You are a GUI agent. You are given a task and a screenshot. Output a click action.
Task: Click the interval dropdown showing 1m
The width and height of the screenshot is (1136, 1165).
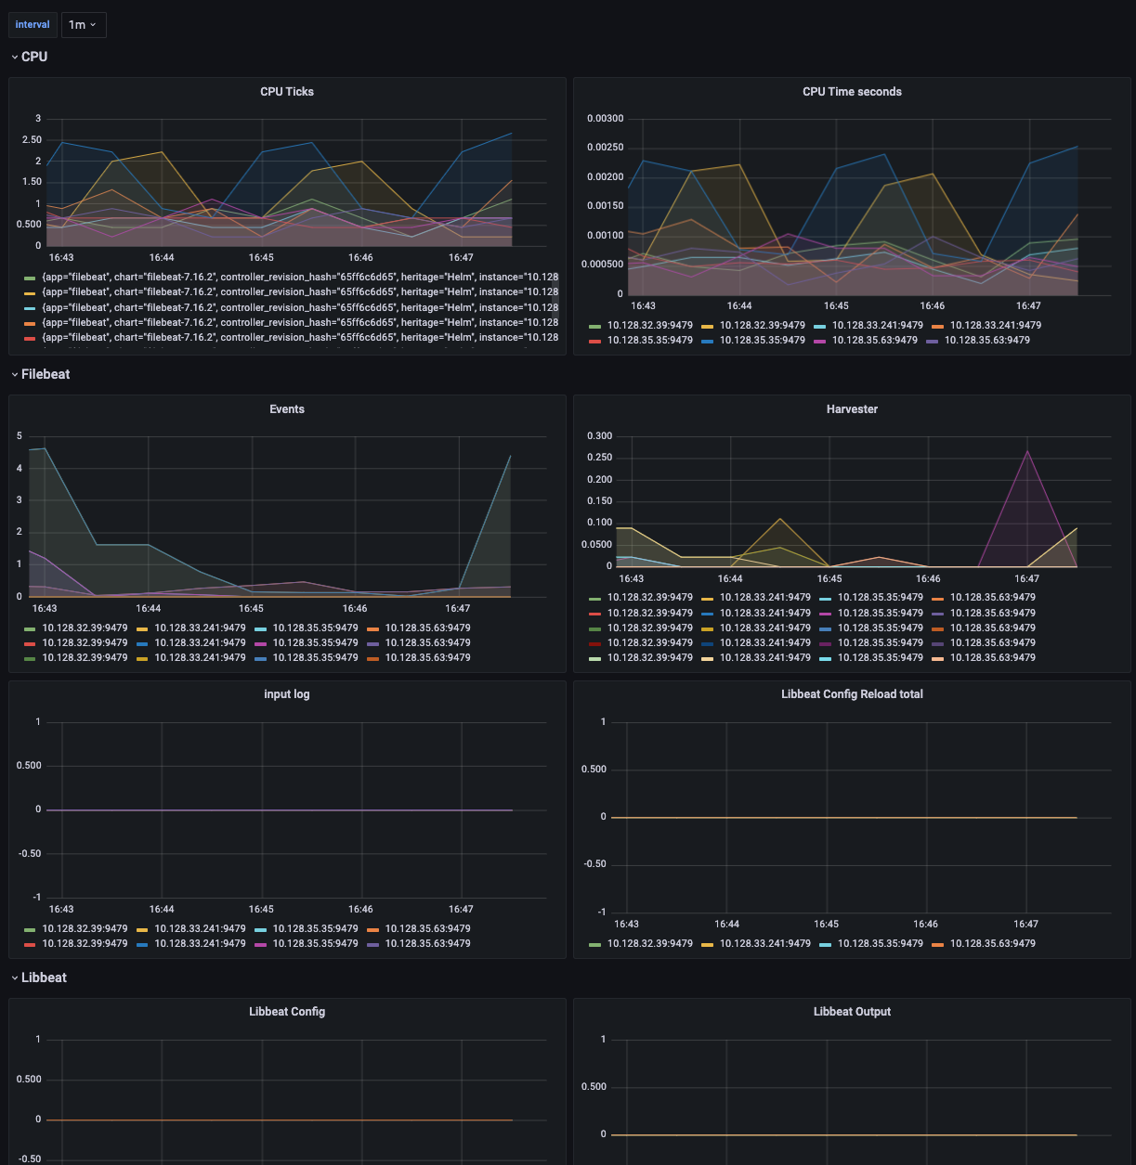[x=84, y=25]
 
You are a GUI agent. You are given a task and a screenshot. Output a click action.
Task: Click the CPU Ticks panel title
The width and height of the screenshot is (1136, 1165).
[x=287, y=92]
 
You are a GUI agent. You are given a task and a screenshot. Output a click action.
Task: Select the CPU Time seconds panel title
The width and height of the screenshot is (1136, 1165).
[x=852, y=92]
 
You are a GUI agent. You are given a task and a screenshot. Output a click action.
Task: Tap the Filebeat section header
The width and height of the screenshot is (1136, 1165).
[x=46, y=374]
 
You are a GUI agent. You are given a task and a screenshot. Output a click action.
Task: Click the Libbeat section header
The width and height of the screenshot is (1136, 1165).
[x=44, y=977]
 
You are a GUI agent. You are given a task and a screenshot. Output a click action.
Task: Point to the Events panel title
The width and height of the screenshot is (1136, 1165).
[x=287, y=409]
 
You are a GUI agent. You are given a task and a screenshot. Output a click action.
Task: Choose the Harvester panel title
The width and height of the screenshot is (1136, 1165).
[x=852, y=409]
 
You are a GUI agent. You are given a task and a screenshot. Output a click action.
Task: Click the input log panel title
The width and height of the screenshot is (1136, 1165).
[x=287, y=694]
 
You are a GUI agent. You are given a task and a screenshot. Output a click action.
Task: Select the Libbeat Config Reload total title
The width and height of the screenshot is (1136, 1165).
[x=852, y=694]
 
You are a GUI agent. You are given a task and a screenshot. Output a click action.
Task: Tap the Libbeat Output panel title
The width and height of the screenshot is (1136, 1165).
[x=852, y=1012]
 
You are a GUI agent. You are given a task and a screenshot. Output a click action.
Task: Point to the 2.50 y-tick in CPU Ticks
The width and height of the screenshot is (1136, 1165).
[x=32, y=140]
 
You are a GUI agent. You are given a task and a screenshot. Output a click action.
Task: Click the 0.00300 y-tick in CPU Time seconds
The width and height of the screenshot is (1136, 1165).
[x=605, y=119]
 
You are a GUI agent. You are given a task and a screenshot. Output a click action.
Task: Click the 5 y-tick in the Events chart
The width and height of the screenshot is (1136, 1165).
[x=20, y=436]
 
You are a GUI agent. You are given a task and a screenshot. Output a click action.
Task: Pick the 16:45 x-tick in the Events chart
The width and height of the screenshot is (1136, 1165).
[x=251, y=609]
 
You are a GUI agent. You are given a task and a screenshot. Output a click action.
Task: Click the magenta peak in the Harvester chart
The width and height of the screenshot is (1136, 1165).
[x=1026, y=451]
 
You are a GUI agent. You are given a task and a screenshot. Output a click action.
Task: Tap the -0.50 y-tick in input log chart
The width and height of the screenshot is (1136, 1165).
[x=32, y=854]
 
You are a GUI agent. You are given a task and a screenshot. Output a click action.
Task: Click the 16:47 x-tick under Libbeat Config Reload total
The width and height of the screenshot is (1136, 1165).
[x=1025, y=925]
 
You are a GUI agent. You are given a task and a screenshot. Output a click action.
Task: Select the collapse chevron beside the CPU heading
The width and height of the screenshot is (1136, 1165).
[x=15, y=57]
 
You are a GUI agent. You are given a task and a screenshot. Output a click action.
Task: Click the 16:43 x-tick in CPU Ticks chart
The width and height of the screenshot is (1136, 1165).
[x=61, y=258]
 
